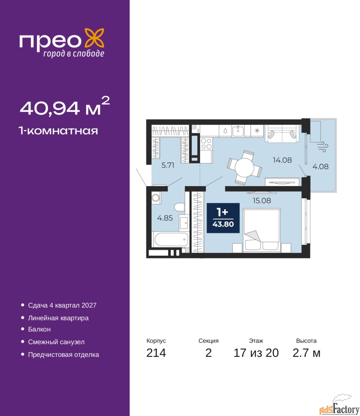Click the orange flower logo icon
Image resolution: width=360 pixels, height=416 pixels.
(x=94, y=38)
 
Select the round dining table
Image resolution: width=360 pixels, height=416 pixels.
(x=244, y=167)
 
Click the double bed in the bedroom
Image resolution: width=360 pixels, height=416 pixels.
(x=262, y=230)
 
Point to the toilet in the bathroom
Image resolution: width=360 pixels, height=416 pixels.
(x=180, y=207)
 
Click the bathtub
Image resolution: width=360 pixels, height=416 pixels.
(x=171, y=239)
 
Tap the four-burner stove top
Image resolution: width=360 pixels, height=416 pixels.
(x=206, y=144)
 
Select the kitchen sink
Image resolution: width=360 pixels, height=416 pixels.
(x=238, y=131)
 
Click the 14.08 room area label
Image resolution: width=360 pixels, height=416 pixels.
(x=282, y=160)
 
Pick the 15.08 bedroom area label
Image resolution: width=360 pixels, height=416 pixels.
(x=262, y=201)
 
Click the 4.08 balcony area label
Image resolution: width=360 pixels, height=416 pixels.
(x=320, y=166)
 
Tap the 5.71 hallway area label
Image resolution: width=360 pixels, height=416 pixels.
(x=168, y=165)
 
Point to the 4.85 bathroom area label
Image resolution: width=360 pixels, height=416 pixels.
(x=165, y=218)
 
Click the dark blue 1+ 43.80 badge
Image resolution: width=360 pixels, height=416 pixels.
(x=223, y=218)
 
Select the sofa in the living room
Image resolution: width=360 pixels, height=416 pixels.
(x=282, y=134)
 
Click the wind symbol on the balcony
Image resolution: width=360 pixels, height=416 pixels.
(x=323, y=147)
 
